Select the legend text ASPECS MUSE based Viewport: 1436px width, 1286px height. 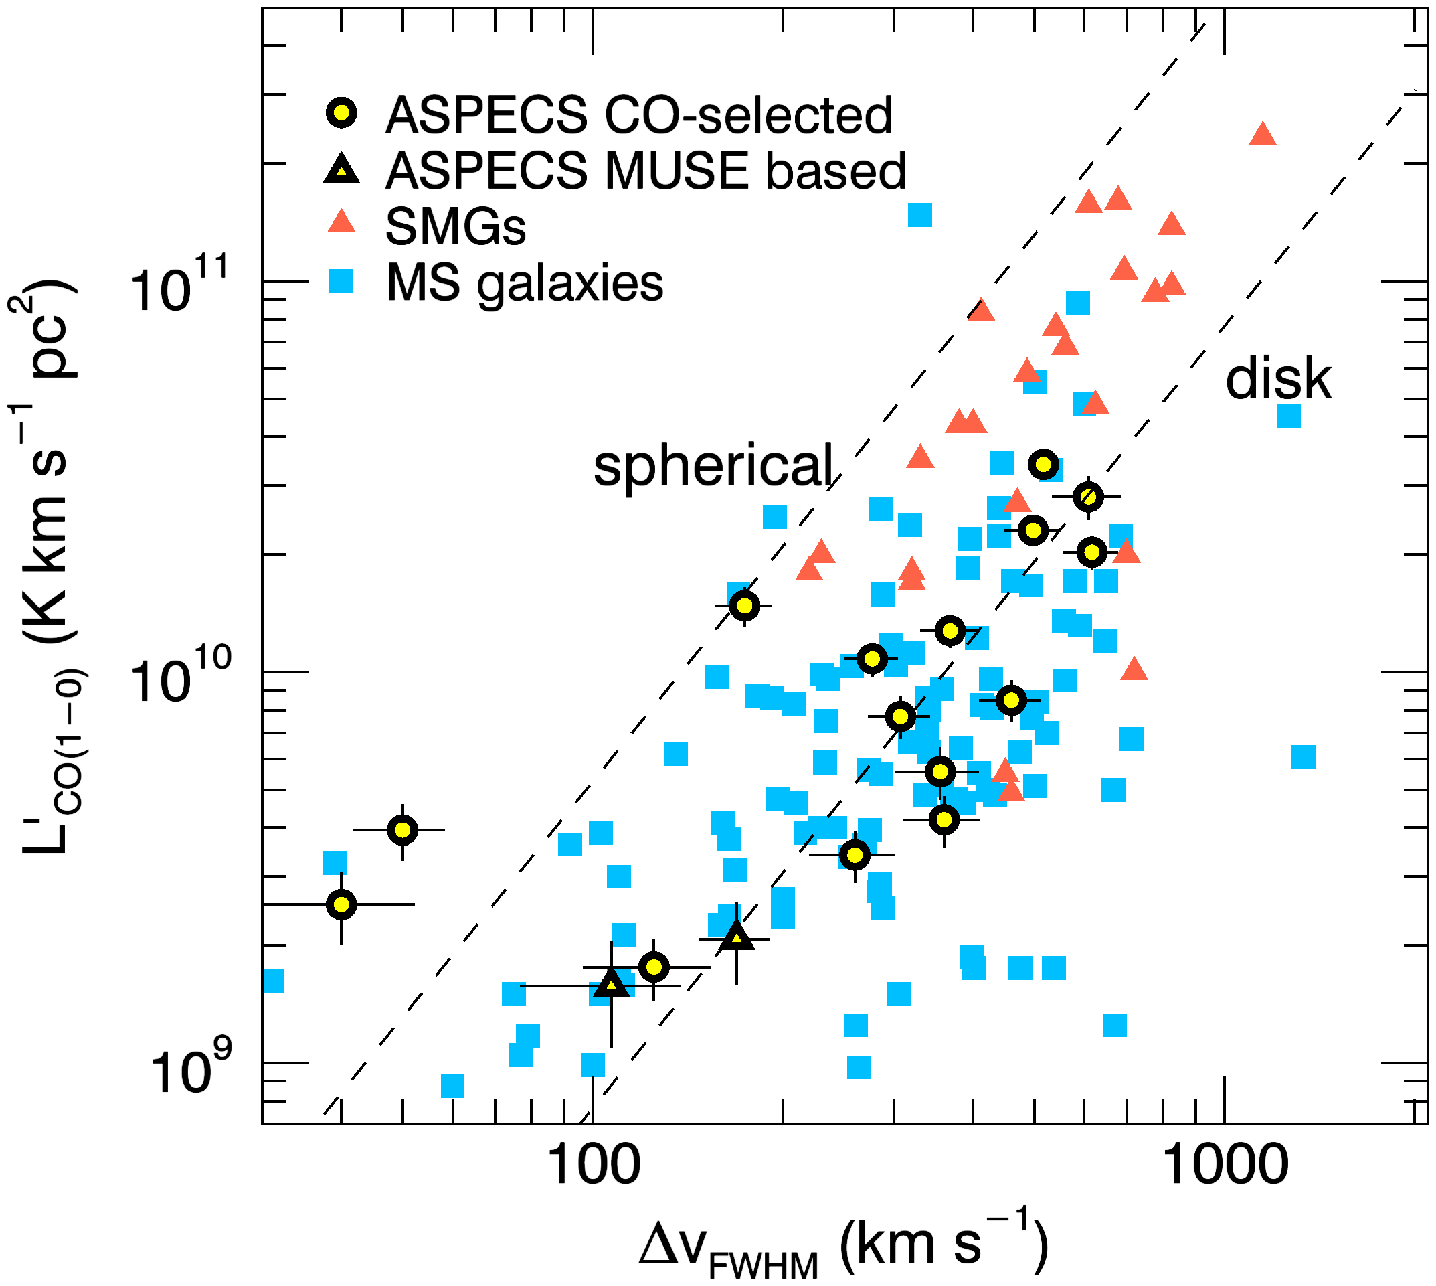point(646,171)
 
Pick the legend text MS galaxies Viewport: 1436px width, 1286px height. point(524,283)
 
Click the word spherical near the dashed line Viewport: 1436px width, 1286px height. point(713,466)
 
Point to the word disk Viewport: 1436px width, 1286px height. point(1278,380)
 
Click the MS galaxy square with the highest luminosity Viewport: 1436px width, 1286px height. point(919,214)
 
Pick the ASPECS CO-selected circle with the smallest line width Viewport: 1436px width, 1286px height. point(342,904)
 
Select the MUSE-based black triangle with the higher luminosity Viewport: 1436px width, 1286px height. point(737,938)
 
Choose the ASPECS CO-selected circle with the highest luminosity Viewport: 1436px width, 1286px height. point(1043,464)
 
